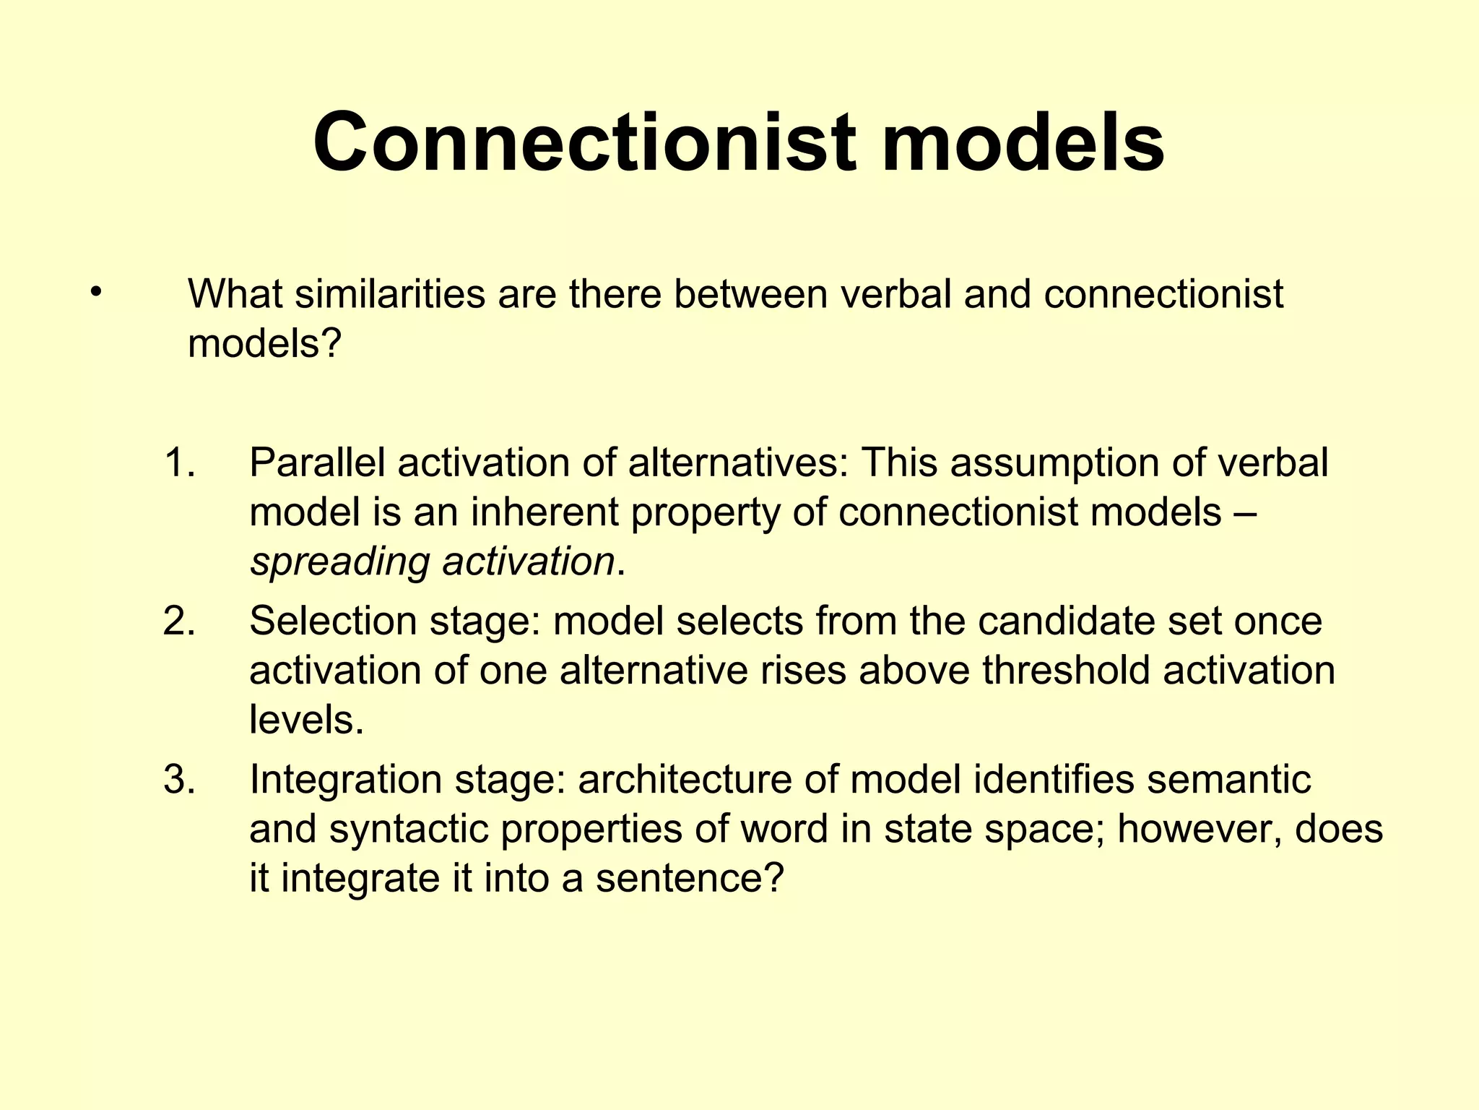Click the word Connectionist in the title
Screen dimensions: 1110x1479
click(x=585, y=142)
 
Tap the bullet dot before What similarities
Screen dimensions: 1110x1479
click(x=95, y=293)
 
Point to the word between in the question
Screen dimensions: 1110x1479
click(x=750, y=294)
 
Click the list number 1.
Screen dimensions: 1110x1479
click(x=178, y=462)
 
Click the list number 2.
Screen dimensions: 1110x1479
click(x=178, y=621)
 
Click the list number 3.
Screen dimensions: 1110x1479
click(x=178, y=780)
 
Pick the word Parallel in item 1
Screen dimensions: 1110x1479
click(x=317, y=462)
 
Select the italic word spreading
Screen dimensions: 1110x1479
click(x=339, y=563)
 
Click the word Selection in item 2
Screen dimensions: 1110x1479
click(x=333, y=621)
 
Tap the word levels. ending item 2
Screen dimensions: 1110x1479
click(x=307, y=720)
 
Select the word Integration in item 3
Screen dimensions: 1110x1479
click(x=346, y=780)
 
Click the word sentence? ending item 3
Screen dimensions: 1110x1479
click(x=690, y=879)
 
